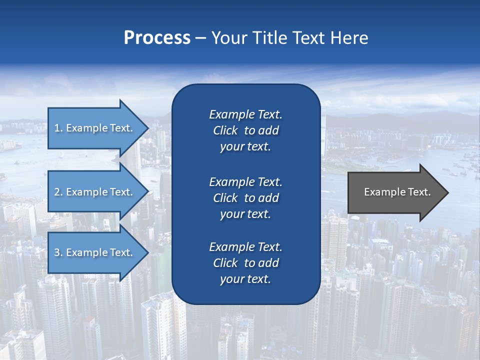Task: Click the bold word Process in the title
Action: click(157, 38)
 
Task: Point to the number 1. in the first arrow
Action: click(58, 128)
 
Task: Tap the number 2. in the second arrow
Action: click(58, 192)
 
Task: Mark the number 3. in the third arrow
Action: click(58, 252)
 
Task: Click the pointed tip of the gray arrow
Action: click(446, 192)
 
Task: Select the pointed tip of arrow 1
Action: click(145, 128)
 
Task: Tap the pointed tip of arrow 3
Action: click(145, 252)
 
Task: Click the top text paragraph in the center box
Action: click(245, 130)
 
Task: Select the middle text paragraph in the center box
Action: click(245, 197)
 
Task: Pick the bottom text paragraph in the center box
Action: click(245, 263)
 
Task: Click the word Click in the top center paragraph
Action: click(225, 131)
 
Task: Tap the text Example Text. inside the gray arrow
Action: click(397, 192)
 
